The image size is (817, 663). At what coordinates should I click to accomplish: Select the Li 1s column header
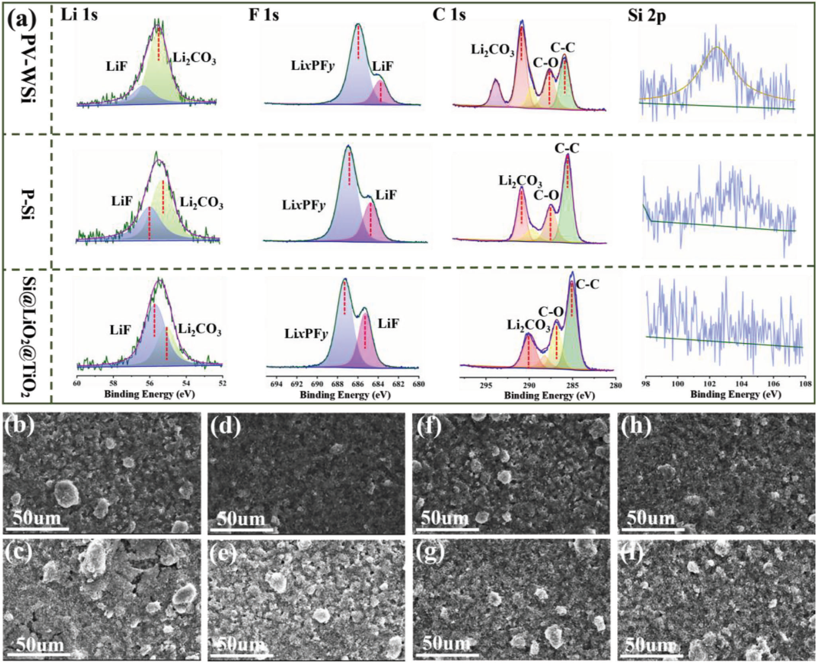click(x=79, y=14)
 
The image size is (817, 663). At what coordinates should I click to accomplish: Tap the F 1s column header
click(x=263, y=14)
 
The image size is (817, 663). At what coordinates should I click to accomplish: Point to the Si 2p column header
click(x=647, y=15)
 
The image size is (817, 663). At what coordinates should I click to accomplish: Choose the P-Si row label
click(x=28, y=204)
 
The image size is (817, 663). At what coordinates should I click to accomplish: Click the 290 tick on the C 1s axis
click(x=529, y=386)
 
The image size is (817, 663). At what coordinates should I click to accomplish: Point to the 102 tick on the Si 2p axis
click(x=709, y=384)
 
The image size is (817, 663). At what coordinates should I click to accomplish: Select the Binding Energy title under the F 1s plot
click(x=345, y=394)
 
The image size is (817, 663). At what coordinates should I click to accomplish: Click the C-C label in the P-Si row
click(x=566, y=148)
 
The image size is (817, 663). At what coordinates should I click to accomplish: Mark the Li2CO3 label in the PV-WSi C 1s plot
click(x=492, y=50)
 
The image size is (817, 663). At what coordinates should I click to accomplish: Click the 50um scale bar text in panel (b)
click(x=37, y=518)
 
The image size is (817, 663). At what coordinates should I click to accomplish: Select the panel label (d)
click(x=225, y=427)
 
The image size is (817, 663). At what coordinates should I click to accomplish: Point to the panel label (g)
click(x=430, y=554)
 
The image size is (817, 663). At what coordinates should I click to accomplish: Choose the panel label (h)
click(x=635, y=427)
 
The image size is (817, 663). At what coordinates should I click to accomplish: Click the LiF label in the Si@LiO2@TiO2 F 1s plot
click(x=388, y=323)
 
